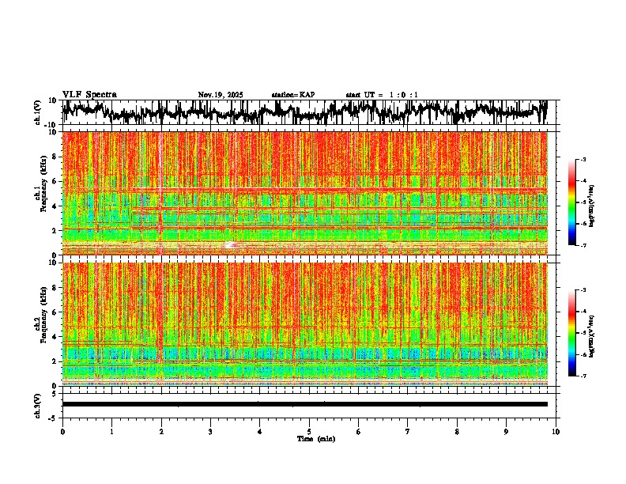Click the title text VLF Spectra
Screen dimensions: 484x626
click(89, 95)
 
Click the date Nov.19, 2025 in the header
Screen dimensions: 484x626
click(221, 95)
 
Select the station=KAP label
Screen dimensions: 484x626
click(293, 95)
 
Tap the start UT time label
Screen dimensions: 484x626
click(382, 95)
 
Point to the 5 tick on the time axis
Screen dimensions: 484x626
click(309, 432)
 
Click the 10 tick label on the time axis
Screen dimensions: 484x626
click(556, 432)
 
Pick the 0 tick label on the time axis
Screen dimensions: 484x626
click(62, 432)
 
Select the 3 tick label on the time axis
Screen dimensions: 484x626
click(210, 432)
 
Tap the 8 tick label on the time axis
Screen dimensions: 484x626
click(457, 432)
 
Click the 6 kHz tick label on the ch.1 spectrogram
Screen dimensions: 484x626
click(55, 181)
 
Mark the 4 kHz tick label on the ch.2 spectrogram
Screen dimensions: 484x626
click(55, 336)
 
